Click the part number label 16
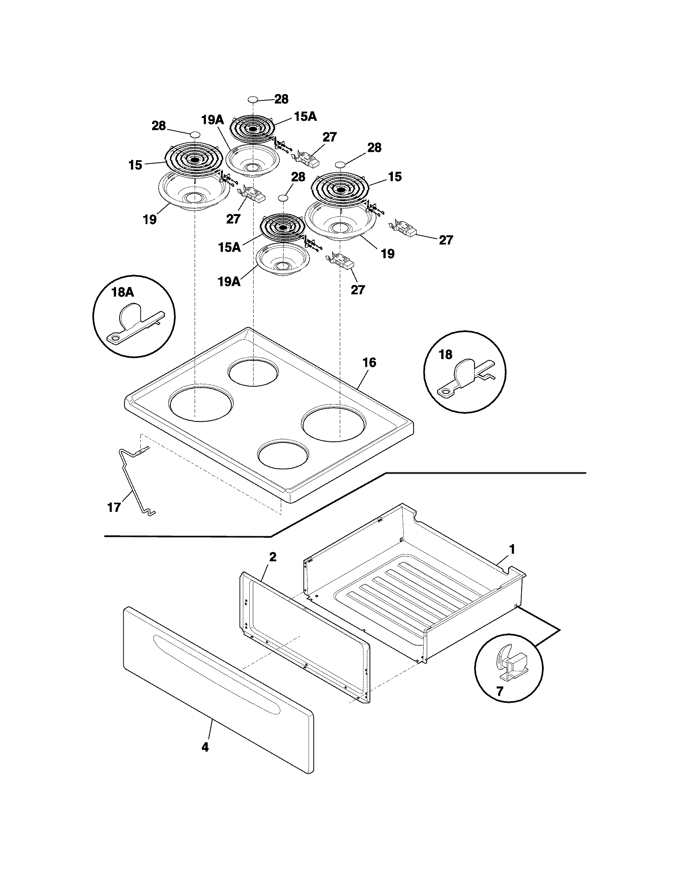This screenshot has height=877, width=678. pyautogui.click(x=369, y=363)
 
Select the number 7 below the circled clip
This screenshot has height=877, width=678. pyautogui.click(x=499, y=691)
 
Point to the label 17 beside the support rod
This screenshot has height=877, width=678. pyautogui.click(x=114, y=507)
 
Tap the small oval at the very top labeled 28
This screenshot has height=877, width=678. pyautogui.click(x=252, y=99)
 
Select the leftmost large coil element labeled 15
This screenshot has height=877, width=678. pyautogui.click(x=194, y=159)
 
